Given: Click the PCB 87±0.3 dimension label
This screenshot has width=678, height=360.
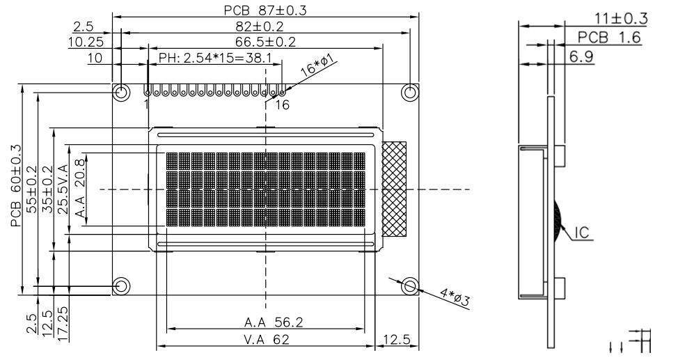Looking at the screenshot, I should tap(265, 10).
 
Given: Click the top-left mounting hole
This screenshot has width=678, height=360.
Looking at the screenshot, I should tap(121, 92).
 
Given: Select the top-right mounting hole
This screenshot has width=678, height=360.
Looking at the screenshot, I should tap(410, 92).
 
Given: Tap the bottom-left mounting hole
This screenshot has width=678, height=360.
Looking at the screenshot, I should tap(121, 285).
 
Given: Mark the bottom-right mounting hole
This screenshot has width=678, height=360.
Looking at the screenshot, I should tap(410, 285).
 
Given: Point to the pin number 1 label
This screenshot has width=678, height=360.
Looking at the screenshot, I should tap(147, 104).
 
